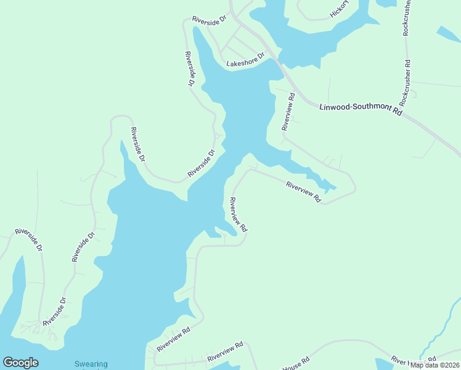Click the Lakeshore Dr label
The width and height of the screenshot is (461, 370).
point(245,60)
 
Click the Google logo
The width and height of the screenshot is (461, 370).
point(20,363)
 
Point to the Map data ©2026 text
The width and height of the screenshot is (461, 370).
point(434,365)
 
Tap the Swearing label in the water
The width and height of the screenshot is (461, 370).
point(91,364)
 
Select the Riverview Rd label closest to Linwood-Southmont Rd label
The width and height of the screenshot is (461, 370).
point(288,112)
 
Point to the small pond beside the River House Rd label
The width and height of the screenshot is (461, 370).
point(383,363)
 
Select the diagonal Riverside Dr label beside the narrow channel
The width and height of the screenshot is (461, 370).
point(202,163)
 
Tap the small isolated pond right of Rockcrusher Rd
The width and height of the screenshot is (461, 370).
point(447,33)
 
